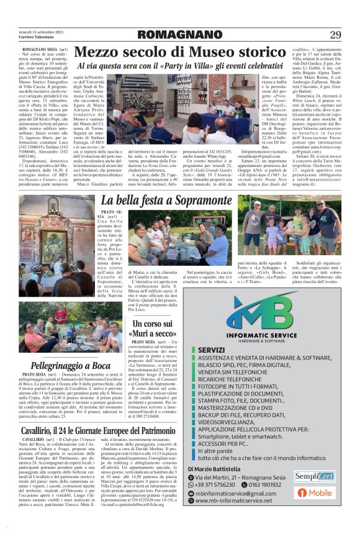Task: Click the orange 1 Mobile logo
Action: [x=314, y=493]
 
